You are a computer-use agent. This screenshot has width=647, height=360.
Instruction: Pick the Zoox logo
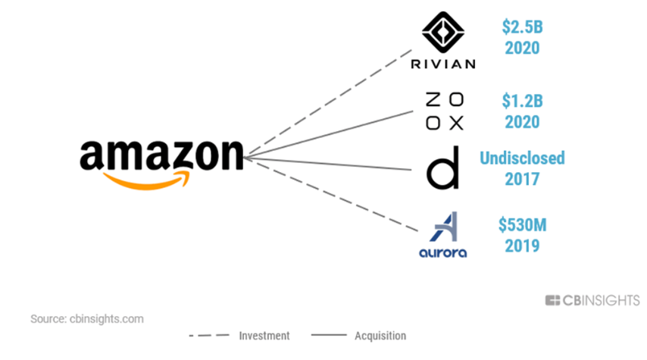pyautogui.click(x=443, y=111)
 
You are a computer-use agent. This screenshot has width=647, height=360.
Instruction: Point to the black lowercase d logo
pyautogui.click(x=442, y=171)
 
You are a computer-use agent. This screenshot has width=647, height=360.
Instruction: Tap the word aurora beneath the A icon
pyautogui.click(x=443, y=252)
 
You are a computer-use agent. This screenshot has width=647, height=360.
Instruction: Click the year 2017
pyautogui.click(x=521, y=180)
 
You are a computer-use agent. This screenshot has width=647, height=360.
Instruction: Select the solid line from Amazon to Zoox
pyautogui.click(x=333, y=134)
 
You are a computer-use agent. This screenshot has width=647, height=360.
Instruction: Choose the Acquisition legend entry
pyautogui.click(x=380, y=336)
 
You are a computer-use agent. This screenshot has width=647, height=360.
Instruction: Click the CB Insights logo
pyautogui.click(x=592, y=301)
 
